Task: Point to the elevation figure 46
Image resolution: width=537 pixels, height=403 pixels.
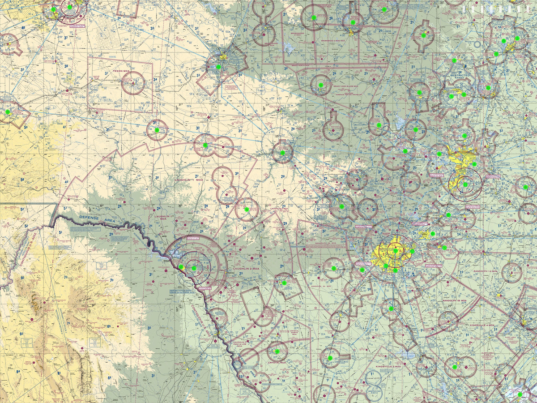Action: coord(23,28)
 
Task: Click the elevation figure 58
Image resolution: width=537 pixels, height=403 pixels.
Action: coord(22,180)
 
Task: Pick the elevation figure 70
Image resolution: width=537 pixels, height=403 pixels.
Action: coord(111,281)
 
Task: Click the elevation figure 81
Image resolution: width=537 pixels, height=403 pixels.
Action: coord(59,373)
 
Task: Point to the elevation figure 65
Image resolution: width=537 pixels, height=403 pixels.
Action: coord(109,326)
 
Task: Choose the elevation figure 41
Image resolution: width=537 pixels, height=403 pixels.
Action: coord(64,127)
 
